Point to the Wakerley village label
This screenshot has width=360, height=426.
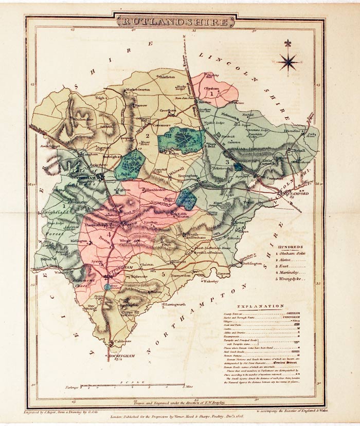tap(210, 282)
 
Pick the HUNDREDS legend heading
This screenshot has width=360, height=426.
tap(292, 247)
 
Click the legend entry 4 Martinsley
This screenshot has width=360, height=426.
tap(292, 272)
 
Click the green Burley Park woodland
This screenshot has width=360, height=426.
tap(129, 163)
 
